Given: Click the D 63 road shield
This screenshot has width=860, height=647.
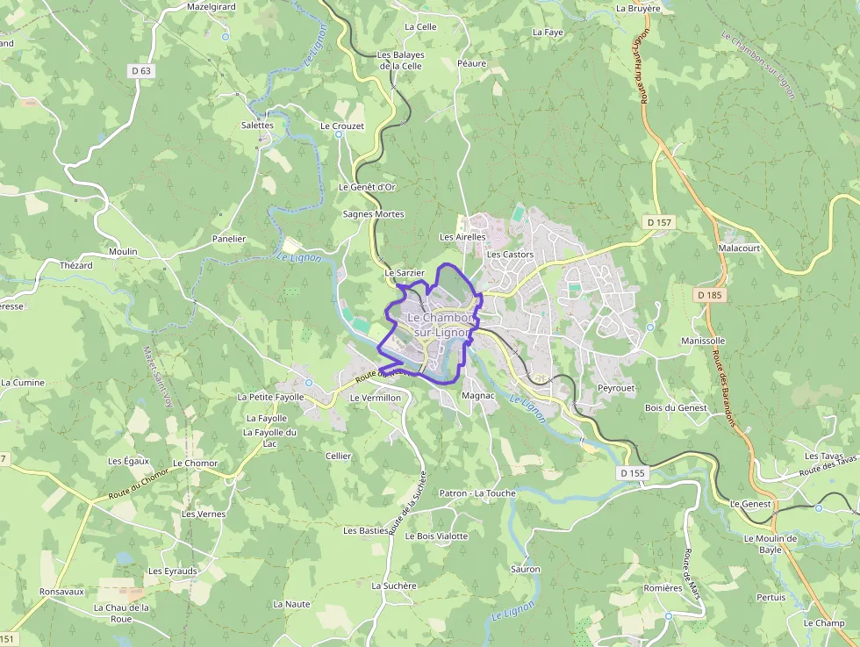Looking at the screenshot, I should tap(140, 71).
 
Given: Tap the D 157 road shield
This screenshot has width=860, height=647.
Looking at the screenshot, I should tap(658, 222).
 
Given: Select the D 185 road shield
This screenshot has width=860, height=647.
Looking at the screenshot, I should tap(710, 295).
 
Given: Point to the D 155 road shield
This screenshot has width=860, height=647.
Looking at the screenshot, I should tap(632, 473).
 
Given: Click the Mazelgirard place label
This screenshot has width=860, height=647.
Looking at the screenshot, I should tap(211, 6).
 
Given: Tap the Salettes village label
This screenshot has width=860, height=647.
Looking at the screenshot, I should tap(257, 125).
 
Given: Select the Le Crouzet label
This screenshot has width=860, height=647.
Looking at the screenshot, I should tap(342, 126).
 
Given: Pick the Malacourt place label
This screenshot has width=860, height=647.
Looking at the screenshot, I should tap(738, 248).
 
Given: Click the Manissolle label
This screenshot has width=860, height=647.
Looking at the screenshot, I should tap(703, 341).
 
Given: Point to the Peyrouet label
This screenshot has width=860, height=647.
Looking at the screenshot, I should tap(615, 387).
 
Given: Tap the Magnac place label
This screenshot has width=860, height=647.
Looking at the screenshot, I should tap(478, 397).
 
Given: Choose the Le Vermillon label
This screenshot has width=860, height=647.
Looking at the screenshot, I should tap(375, 398).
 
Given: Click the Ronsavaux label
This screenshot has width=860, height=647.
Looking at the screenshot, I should tap(61, 592).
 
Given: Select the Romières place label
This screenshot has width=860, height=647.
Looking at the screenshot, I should tap(663, 588).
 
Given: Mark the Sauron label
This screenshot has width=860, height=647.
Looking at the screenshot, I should tap(525, 569).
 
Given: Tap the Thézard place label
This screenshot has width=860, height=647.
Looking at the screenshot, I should tap(75, 265).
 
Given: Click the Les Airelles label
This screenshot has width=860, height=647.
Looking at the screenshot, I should tap(462, 237).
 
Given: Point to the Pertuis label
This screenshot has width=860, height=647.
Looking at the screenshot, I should tap(771, 597).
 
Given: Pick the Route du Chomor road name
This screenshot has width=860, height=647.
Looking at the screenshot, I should tap(138, 484).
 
